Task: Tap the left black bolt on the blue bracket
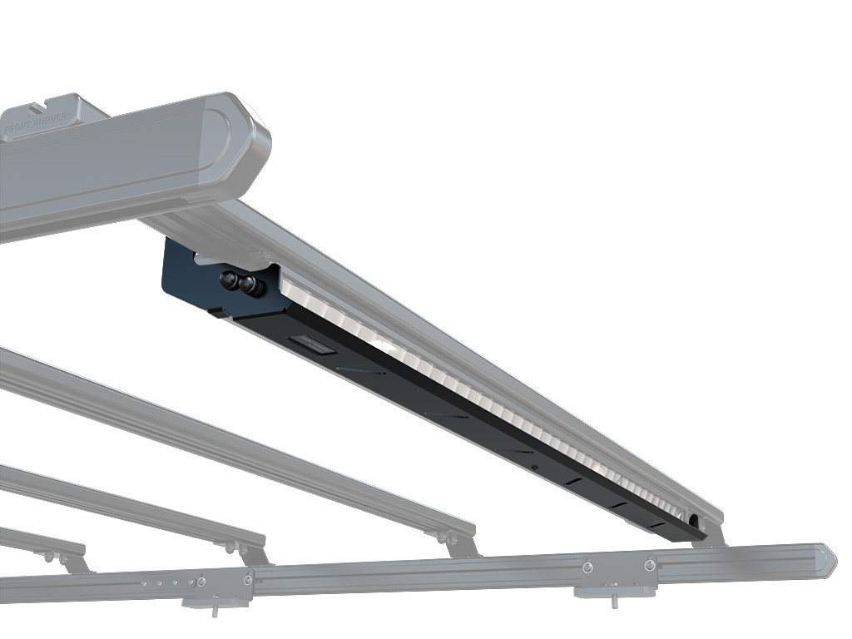[x=228, y=280]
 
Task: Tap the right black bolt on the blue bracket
[x=249, y=286]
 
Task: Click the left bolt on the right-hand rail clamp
[x=587, y=568]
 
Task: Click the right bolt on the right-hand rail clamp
[x=650, y=566]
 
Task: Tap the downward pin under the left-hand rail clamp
[x=215, y=612]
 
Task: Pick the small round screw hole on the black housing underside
[x=534, y=468]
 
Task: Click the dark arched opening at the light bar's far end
[x=692, y=522]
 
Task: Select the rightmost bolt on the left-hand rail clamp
[x=248, y=579]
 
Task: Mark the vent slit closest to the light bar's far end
[x=657, y=525]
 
